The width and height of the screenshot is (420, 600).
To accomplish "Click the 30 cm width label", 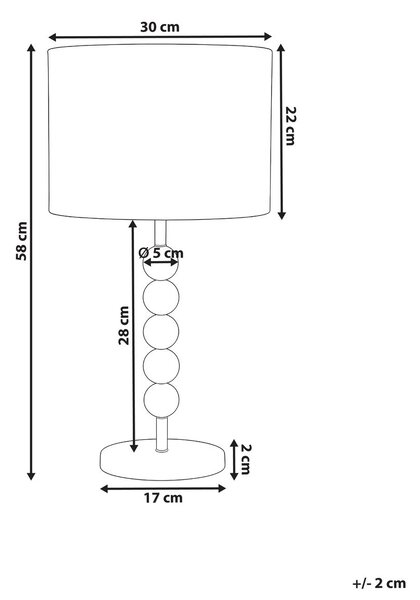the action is [160, 27].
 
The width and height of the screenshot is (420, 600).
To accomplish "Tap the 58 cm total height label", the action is [22, 241].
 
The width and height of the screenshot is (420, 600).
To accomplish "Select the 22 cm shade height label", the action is [291, 126].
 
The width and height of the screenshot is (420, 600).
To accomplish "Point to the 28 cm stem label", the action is [124, 325].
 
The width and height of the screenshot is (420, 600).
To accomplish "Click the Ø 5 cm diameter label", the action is [161, 253].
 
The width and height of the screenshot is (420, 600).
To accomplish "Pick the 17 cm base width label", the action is [163, 498].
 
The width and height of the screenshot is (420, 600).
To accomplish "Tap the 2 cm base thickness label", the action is [246, 459].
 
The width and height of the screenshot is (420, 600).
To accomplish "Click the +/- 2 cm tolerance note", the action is [379, 583].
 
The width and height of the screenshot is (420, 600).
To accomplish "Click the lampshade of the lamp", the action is [160, 132].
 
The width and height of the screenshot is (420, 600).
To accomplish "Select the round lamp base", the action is [162, 460].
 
